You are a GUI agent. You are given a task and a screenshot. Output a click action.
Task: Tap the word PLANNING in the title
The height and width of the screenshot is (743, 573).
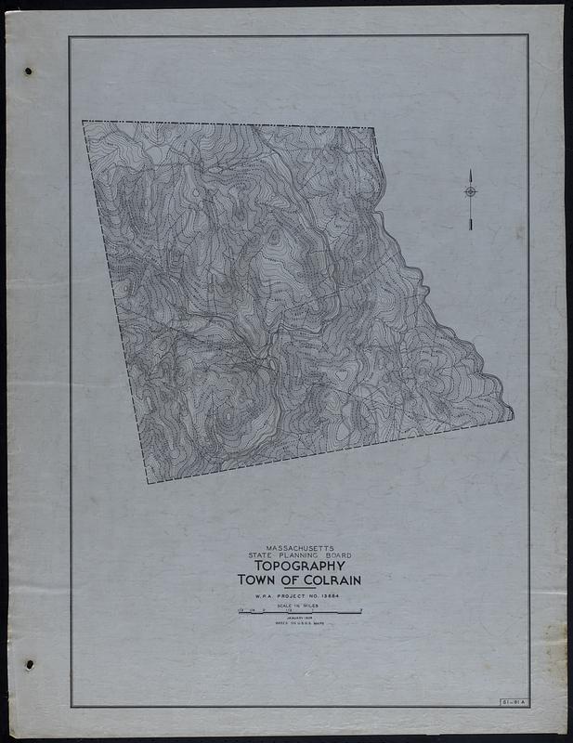(x=299, y=555)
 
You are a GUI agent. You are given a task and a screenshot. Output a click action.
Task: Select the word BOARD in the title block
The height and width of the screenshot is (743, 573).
(x=335, y=555)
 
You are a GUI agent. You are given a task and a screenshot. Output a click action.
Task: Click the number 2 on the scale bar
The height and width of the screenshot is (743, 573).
(x=360, y=611)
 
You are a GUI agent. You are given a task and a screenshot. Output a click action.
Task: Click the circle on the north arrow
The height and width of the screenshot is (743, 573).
(x=470, y=192)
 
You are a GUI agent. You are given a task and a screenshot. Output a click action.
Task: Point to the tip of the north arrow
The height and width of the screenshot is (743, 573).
(x=470, y=171)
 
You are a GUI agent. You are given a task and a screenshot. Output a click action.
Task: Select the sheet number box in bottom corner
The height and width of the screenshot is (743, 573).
(x=512, y=700)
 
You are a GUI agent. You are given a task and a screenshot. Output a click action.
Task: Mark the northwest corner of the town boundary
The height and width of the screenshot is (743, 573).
(x=83, y=122)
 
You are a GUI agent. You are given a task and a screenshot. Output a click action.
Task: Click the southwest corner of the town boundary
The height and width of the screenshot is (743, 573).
(x=148, y=482)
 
